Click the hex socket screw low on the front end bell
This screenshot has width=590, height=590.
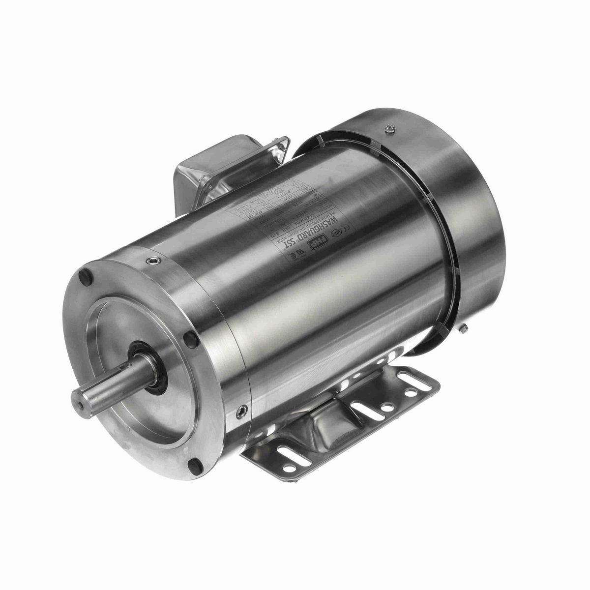tap(241, 413)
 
